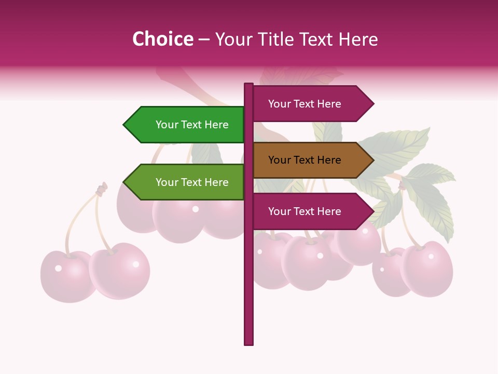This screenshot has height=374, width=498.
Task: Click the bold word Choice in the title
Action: coord(162,39)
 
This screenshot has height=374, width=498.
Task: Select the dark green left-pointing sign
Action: coord(184,125)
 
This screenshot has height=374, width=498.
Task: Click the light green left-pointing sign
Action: coord(184,182)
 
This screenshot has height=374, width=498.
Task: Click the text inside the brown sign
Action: coord(305,160)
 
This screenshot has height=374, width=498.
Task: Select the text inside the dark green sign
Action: coord(192,125)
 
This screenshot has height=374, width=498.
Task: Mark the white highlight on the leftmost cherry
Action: coord(58,268)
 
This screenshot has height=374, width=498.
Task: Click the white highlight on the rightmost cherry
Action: coord(431,256)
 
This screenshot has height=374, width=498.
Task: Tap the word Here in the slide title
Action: coord(358,39)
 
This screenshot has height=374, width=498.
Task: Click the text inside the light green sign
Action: coord(192,182)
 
